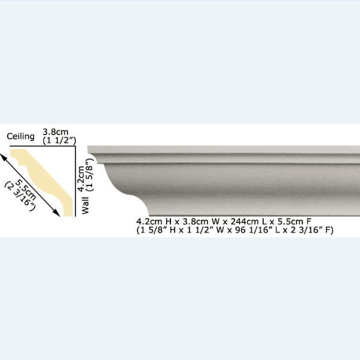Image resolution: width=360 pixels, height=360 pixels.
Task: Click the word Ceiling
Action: [x=21, y=136]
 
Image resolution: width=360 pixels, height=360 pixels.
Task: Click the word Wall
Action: [x=85, y=206]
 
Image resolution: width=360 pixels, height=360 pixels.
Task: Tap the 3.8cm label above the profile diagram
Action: [x=56, y=132]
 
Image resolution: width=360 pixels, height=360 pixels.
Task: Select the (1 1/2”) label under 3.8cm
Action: [x=59, y=141]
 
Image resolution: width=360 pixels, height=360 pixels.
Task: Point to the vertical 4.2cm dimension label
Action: [x=81, y=179]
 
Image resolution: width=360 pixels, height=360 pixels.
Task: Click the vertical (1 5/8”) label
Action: [x=89, y=175]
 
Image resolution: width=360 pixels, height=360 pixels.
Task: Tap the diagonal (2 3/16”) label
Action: [x=20, y=196]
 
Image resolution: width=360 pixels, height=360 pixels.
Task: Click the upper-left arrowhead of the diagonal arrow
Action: [x=3, y=156]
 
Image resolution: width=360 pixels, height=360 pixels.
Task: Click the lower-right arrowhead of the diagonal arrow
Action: [x=57, y=213]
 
